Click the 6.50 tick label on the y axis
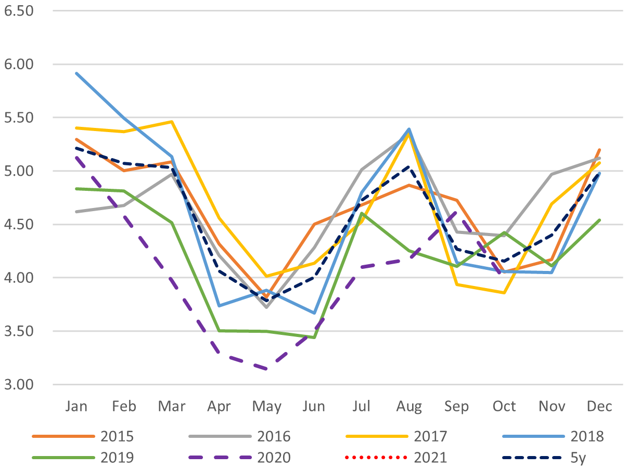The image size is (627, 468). click(18, 10)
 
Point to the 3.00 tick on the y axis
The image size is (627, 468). click(18, 385)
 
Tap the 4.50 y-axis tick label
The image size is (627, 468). click(18, 225)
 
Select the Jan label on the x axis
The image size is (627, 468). click(76, 406)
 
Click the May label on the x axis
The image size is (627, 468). click(266, 406)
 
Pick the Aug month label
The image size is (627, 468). click(409, 406)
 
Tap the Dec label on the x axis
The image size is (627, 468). click(599, 406)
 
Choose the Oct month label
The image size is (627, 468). click(504, 406)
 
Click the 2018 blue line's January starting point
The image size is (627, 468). click(76, 73)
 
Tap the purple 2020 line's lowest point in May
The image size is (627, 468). click(266, 369)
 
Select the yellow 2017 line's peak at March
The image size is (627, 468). click(171, 122)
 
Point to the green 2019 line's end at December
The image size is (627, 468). click(599, 220)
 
